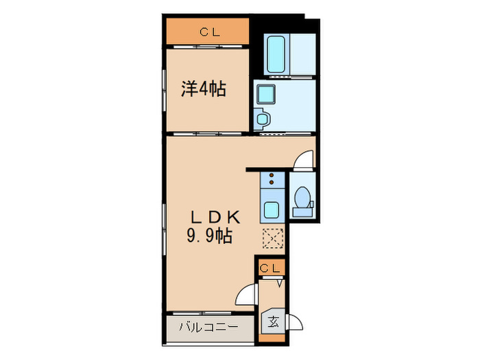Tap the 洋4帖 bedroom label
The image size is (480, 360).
[x=204, y=89]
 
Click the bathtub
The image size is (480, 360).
[x=277, y=55]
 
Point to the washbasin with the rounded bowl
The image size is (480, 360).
[x=263, y=118]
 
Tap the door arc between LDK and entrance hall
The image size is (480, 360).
[x=245, y=296]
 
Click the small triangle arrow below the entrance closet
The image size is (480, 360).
[x=279, y=282]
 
